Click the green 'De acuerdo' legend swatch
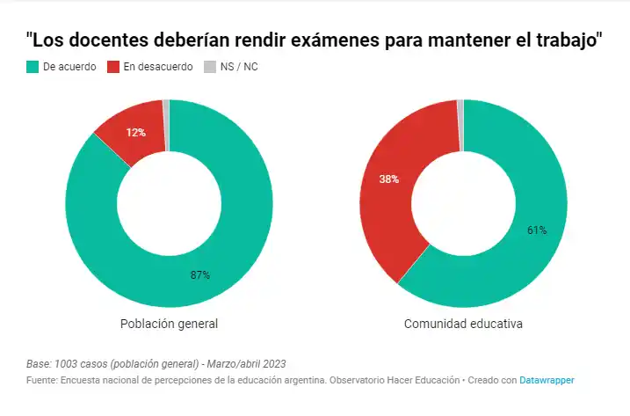(x=33, y=67)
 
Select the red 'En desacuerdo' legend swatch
(x=112, y=67)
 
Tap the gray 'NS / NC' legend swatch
(x=209, y=67)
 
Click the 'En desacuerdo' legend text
(x=157, y=67)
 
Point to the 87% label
(x=200, y=274)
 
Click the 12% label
(x=135, y=132)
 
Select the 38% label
(x=389, y=179)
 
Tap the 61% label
(x=537, y=230)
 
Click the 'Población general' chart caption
(x=169, y=324)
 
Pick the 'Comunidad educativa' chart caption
(x=463, y=324)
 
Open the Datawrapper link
(x=547, y=380)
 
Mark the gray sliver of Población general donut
(x=166, y=106)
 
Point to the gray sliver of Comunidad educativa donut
(x=460, y=106)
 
